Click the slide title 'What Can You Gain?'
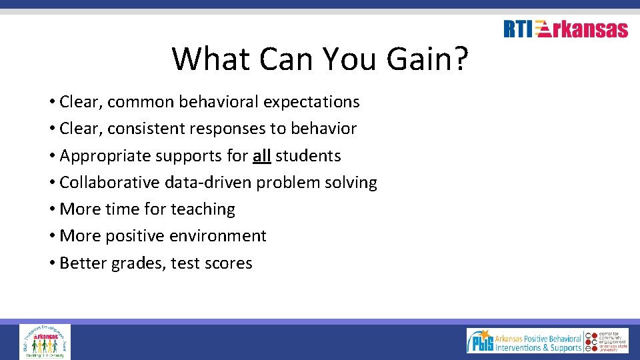pos(320,59)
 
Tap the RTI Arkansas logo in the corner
pos(565,29)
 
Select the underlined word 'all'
pos(261,156)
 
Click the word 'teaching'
pos(203,209)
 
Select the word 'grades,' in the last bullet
pos(138,263)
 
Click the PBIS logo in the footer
pos(525,341)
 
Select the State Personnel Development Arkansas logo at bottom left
pos(45,341)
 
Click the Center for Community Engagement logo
pos(607,341)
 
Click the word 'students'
pos(308,156)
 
